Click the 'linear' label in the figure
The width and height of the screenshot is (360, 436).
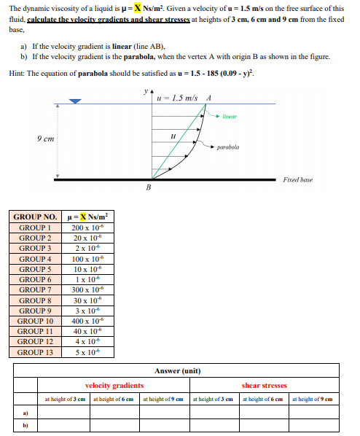tap(230, 116)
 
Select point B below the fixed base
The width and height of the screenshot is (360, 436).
tap(149, 189)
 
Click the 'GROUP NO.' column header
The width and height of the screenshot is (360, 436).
tap(35, 217)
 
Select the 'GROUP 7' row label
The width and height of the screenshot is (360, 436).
tap(35, 290)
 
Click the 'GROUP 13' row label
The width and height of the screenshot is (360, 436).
tap(35, 353)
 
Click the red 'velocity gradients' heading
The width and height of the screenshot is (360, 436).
tap(114, 386)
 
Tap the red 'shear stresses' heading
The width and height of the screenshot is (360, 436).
tap(264, 386)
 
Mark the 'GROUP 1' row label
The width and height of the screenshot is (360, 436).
tap(35, 228)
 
